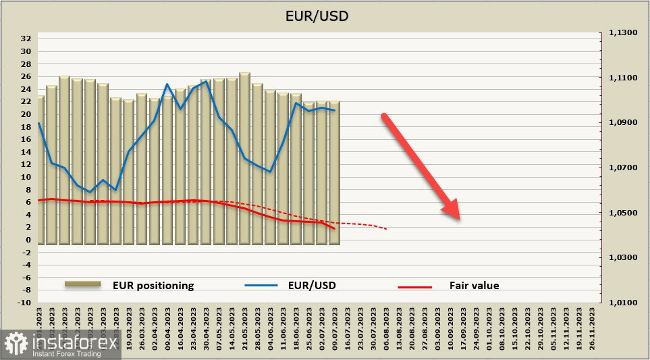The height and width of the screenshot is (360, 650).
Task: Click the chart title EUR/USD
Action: (x=325, y=15)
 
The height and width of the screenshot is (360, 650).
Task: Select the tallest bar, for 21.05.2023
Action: (x=244, y=157)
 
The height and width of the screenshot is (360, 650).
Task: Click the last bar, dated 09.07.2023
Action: (x=335, y=172)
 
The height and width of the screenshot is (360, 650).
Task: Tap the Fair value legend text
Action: (x=474, y=286)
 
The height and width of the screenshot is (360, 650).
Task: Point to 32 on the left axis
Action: (x=26, y=39)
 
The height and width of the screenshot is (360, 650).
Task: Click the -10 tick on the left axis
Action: (x=25, y=303)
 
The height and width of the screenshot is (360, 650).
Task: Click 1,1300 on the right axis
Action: (x=622, y=33)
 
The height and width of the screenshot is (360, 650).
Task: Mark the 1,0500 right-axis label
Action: (x=622, y=213)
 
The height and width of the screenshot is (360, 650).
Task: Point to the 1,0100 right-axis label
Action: (x=622, y=303)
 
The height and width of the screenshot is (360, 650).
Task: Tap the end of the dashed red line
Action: (x=386, y=229)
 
